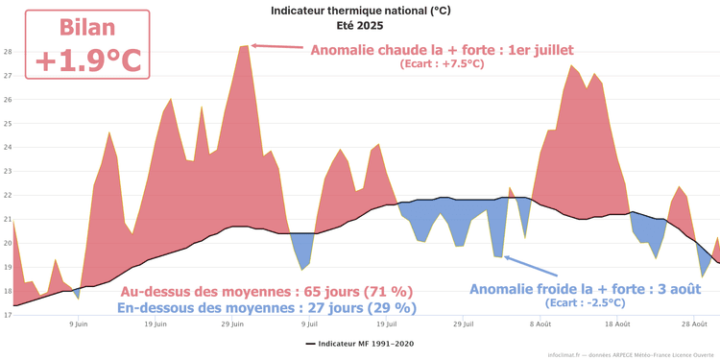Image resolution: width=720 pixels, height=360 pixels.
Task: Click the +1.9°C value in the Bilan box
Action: click(x=87, y=60)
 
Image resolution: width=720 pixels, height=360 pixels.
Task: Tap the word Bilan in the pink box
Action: click(x=87, y=27)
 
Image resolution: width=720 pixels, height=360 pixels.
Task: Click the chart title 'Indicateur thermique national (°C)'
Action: click(x=360, y=11)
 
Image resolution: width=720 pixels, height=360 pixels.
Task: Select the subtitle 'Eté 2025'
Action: click(x=360, y=25)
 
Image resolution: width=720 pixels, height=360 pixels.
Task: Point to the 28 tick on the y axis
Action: click(x=7, y=52)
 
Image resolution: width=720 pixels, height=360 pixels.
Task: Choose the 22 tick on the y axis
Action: click(x=7, y=195)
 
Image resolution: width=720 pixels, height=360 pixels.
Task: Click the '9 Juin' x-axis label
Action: click(x=80, y=324)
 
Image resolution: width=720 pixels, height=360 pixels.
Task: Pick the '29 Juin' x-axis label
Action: click(x=233, y=324)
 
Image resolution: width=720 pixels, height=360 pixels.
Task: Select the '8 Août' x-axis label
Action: click(x=540, y=324)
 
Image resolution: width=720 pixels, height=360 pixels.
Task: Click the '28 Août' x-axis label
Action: click(x=693, y=324)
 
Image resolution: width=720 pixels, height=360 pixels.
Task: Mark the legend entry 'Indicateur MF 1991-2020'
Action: click(x=360, y=343)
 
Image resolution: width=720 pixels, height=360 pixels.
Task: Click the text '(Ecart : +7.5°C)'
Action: click(x=442, y=64)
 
